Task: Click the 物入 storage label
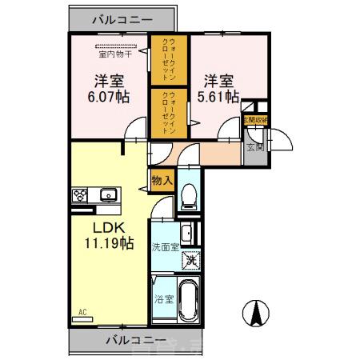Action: point(162,181)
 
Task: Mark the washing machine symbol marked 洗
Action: point(190,259)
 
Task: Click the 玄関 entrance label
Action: point(254,146)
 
